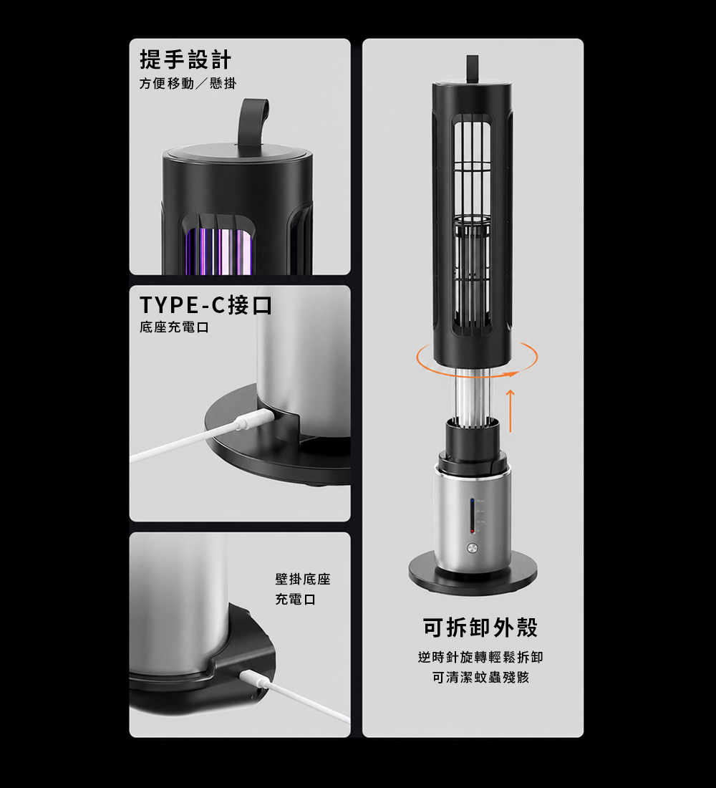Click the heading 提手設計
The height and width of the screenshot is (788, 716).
[185, 59]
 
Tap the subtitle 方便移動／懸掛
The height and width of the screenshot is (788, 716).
[188, 83]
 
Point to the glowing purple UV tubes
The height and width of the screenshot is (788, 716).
[219, 251]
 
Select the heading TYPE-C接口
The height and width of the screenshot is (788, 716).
[205, 305]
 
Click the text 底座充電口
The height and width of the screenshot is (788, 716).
[174, 327]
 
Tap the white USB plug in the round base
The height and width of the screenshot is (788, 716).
[253, 419]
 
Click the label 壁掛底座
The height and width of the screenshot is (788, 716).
[302, 580]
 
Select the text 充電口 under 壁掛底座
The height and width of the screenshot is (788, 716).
[296, 600]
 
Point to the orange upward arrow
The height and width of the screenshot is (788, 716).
[511, 410]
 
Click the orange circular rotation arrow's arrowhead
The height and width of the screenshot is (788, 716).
[511, 374]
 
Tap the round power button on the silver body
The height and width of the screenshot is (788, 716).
[473, 548]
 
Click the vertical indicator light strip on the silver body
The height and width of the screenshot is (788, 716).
[472, 516]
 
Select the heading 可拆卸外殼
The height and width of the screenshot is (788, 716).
[480, 628]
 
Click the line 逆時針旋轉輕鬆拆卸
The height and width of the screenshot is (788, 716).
[480, 658]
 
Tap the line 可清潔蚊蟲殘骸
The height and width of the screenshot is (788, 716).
[480, 678]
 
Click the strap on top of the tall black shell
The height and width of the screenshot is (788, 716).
[472, 69]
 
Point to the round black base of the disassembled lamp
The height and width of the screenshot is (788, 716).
[473, 575]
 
